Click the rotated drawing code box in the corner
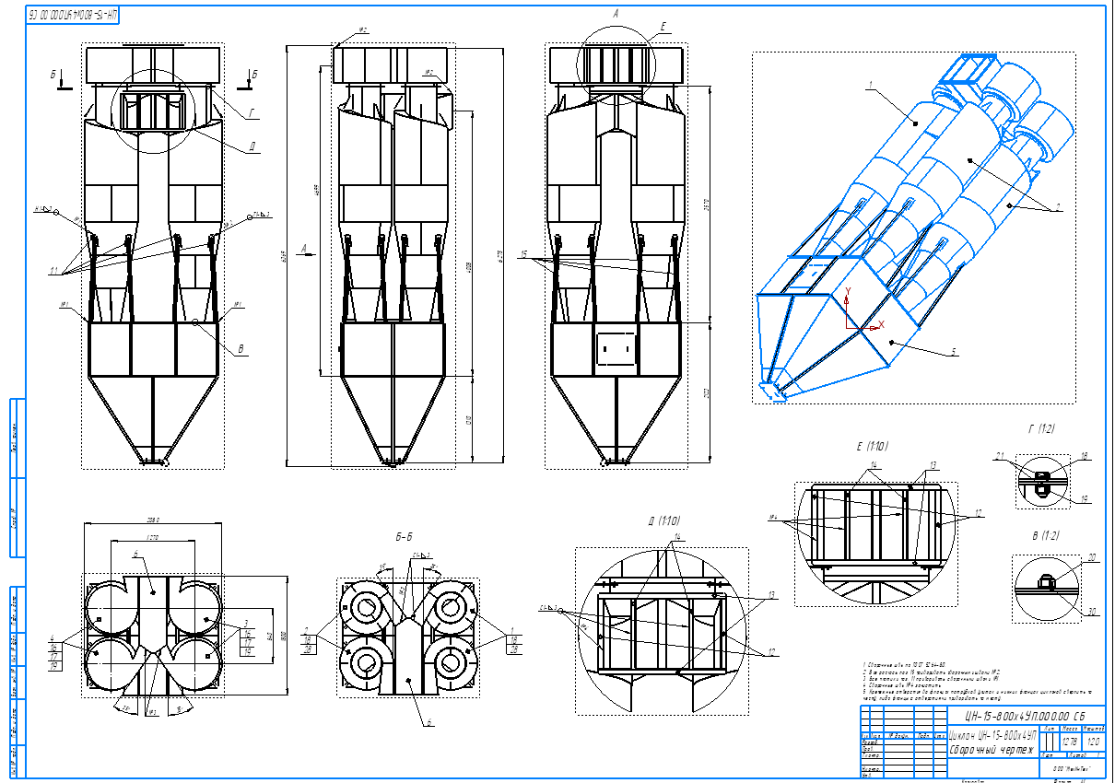74,16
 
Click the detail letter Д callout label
251,146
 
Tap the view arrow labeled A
305,247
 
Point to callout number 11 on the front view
55,271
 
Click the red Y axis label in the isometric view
850,290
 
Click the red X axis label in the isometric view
881,324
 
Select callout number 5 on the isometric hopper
954,352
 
